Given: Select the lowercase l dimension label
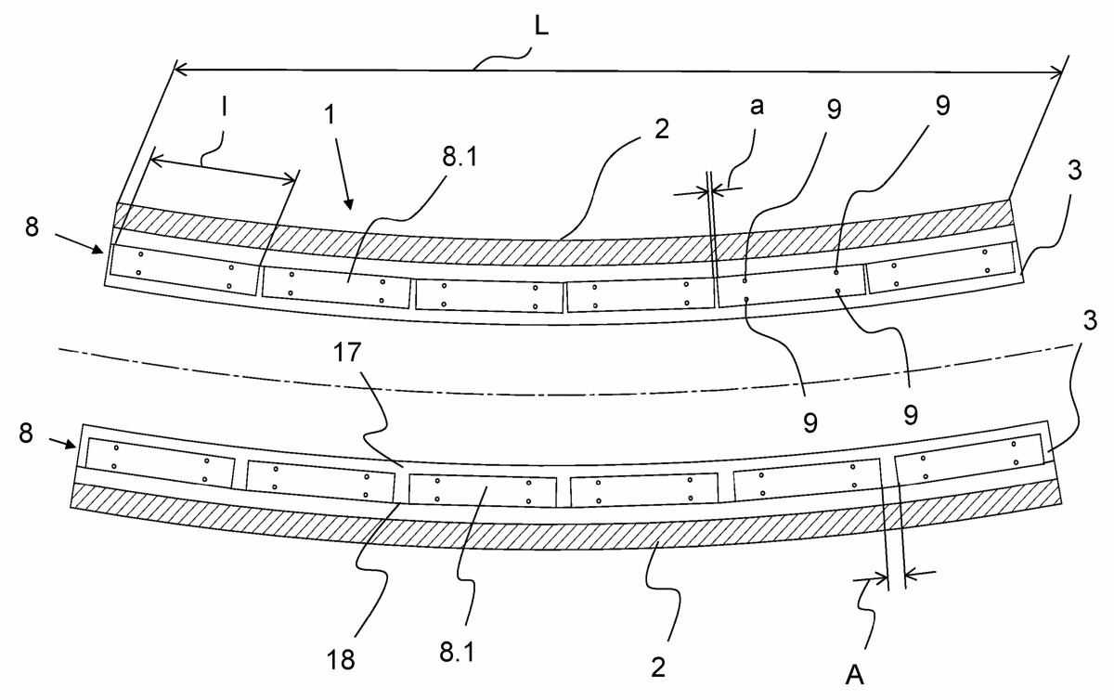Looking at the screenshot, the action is [x=225, y=109].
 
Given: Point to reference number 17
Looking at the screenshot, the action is [x=346, y=353].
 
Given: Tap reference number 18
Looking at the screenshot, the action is [x=341, y=660].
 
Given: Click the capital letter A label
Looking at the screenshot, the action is [x=854, y=676].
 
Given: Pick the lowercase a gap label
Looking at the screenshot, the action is [x=757, y=107].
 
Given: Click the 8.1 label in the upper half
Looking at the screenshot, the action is [x=460, y=158].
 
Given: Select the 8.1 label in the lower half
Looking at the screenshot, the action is [x=457, y=653].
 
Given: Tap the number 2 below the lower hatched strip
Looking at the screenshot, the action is [x=658, y=668].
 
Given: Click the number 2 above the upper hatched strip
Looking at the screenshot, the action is [x=661, y=129].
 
